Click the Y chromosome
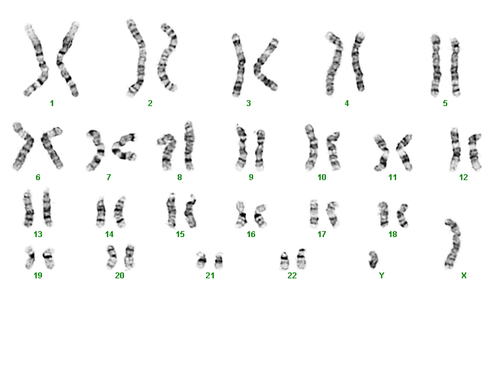(373, 259)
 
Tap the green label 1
(52, 103)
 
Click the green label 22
(292, 276)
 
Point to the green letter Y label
(382, 276)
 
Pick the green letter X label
(464, 276)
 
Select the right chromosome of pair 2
(167, 58)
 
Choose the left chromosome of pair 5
(435, 65)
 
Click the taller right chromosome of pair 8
(189, 146)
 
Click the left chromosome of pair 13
(29, 208)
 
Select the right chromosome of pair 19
(49, 258)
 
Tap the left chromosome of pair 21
(201, 260)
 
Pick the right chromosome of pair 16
(260, 215)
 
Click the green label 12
(464, 177)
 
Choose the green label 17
(322, 234)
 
